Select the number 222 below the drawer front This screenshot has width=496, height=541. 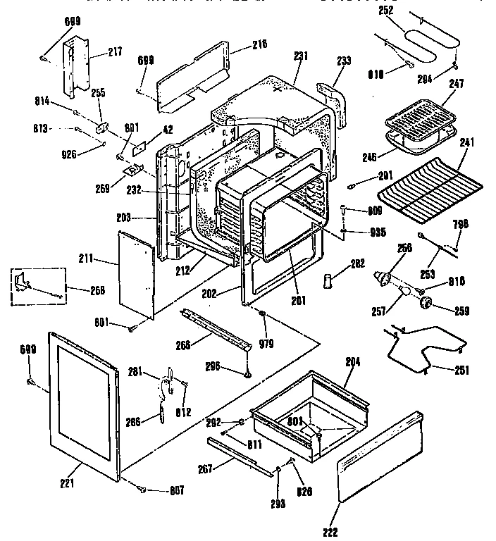click(330, 531)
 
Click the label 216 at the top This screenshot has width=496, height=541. click(240, 44)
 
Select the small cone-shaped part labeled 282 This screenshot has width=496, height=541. click(326, 281)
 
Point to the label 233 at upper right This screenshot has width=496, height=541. click(343, 62)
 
